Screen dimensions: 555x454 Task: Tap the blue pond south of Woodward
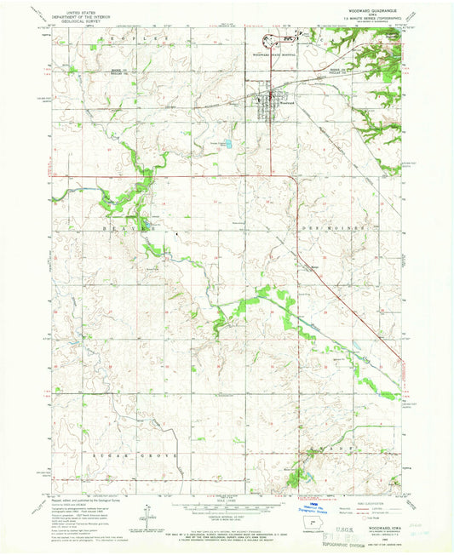(227, 145)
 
